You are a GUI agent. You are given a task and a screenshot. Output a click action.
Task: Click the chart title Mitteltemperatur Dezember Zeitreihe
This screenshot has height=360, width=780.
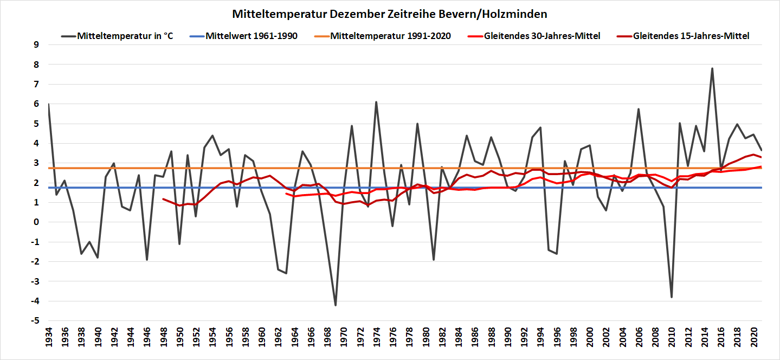(x=390, y=13)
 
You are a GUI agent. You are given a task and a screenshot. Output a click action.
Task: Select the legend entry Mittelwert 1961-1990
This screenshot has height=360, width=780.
(x=252, y=36)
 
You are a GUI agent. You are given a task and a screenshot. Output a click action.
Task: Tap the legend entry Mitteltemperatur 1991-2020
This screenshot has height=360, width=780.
(x=390, y=36)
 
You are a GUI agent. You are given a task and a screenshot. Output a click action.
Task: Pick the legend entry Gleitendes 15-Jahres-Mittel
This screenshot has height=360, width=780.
(x=691, y=36)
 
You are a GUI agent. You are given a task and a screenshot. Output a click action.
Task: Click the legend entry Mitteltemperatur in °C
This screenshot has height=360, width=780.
(x=125, y=36)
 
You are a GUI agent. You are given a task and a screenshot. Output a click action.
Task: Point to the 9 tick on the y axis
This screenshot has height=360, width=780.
(x=37, y=45)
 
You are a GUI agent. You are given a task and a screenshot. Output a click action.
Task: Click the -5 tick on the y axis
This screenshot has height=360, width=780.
(x=35, y=321)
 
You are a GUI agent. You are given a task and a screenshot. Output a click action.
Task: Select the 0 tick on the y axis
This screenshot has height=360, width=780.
(x=37, y=222)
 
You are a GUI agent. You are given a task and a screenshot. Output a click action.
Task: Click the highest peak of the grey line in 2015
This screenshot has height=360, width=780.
(x=712, y=68)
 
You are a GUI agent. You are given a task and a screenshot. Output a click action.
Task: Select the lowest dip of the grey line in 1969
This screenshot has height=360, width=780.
(x=336, y=305)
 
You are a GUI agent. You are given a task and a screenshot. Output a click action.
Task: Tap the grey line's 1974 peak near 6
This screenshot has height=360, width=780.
(x=376, y=102)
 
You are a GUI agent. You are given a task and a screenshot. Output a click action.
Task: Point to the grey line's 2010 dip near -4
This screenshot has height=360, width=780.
(x=672, y=297)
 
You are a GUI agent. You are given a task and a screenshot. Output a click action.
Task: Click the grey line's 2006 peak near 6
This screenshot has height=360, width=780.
(x=639, y=109)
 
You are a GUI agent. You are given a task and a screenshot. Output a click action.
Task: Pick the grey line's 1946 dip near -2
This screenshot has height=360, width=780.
(x=147, y=260)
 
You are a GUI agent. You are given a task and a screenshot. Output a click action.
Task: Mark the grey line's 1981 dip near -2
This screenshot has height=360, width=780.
(x=434, y=260)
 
